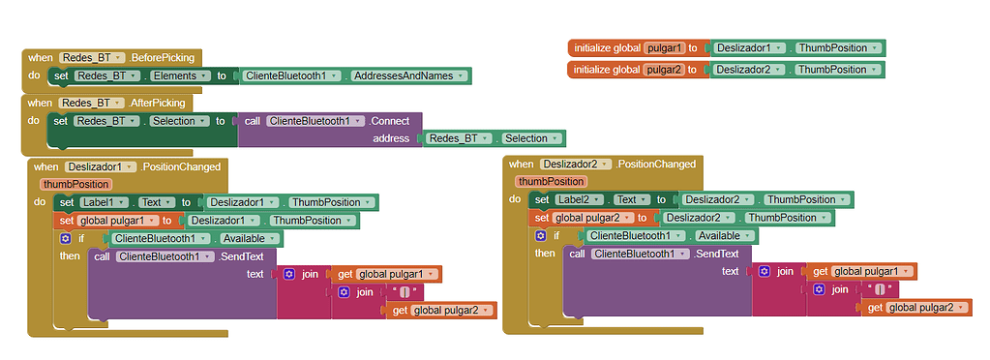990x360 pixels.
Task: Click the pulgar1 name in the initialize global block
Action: click(x=666, y=47)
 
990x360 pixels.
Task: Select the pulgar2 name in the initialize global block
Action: click(x=666, y=70)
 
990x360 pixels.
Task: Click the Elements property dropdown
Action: click(x=178, y=75)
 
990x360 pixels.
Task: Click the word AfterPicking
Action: click(x=161, y=103)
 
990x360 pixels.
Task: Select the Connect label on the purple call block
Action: click(x=391, y=121)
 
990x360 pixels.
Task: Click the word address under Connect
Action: click(x=392, y=139)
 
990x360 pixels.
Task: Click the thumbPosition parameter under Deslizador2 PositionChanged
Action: click(x=552, y=181)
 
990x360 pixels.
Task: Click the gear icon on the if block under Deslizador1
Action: click(x=65, y=238)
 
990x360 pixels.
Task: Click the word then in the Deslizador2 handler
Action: click(x=545, y=254)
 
